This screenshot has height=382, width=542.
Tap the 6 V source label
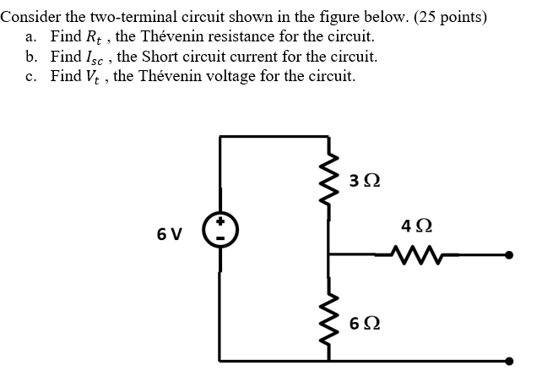169,233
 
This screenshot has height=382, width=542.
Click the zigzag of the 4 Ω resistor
416,252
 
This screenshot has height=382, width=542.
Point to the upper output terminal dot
510,253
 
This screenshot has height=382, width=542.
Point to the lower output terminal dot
510,361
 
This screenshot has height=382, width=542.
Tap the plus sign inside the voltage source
221,222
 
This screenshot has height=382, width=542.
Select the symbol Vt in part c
96,77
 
